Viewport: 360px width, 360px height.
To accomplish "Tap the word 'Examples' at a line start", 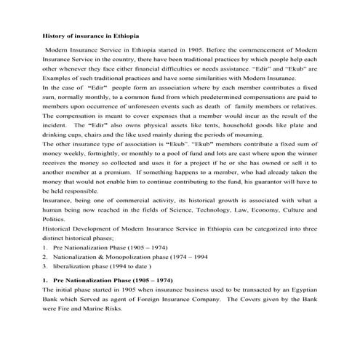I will click(56, 78).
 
